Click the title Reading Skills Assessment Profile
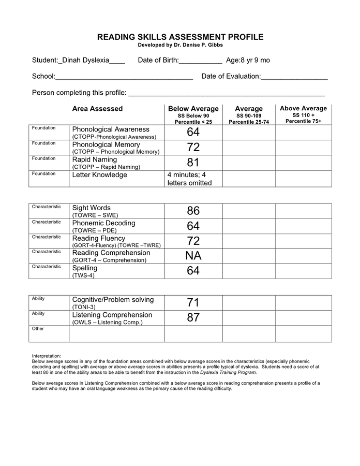click(x=181, y=37)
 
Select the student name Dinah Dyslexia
click(x=86, y=60)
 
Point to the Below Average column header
click(x=193, y=109)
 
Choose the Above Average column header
click(x=303, y=109)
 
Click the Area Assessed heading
click(x=97, y=109)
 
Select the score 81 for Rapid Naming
click(x=193, y=163)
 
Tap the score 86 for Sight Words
click(x=193, y=211)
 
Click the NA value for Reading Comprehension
click(x=193, y=256)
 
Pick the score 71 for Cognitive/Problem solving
click(x=193, y=303)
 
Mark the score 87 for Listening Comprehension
click(x=193, y=318)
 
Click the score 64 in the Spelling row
click(x=193, y=271)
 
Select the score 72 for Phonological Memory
click(x=193, y=148)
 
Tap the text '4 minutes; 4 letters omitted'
click(x=189, y=179)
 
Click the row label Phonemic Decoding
click(x=103, y=223)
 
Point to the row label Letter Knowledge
click(x=99, y=175)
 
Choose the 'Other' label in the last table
click(x=38, y=329)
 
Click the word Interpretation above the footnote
click(x=47, y=356)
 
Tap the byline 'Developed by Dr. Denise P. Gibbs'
click(x=181, y=46)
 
